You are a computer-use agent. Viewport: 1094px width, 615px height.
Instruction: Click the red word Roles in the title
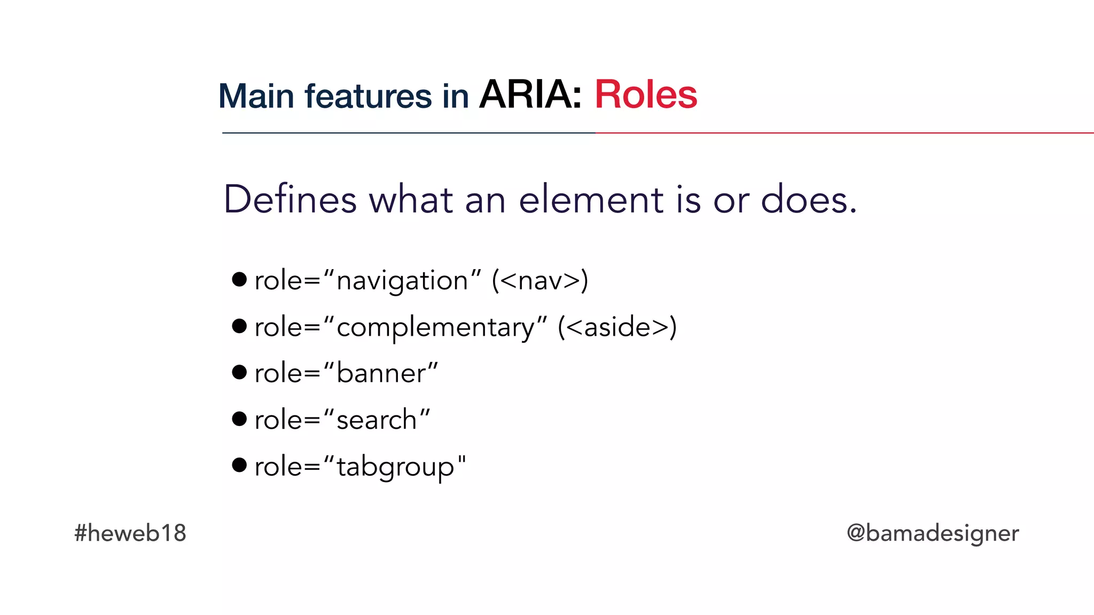645,95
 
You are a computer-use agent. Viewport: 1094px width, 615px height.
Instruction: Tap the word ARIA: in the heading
530,95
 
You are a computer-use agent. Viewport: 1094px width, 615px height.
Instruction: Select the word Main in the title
256,97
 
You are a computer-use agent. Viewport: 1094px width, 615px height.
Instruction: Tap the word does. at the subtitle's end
809,200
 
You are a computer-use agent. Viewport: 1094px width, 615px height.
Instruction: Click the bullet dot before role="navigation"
239,279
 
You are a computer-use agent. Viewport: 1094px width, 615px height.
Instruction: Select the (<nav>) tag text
540,281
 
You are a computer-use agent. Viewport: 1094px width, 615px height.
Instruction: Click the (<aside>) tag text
617,327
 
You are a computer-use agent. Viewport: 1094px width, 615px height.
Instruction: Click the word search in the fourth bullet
377,420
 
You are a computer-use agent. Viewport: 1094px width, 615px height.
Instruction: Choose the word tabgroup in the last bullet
395,467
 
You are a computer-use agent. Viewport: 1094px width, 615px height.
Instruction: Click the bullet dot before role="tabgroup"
239,465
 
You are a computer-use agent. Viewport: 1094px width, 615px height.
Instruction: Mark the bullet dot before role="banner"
239,372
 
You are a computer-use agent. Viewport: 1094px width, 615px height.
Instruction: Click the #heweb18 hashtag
130,533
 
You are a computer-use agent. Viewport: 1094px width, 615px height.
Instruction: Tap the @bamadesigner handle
933,533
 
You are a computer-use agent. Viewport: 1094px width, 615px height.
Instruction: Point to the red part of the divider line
844,133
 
